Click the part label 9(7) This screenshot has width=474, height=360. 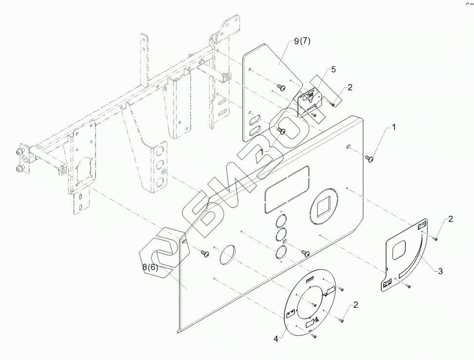coord(302,41)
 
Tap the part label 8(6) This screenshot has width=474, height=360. coord(150,267)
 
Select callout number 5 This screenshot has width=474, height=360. coord(334,70)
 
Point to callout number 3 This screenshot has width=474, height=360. coord(440,271)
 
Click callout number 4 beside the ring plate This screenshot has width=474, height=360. coord(276,339)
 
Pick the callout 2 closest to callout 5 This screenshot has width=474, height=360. coord(350,87)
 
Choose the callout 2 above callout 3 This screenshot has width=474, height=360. coord(451,219)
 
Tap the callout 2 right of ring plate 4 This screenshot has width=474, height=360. coord(355,305)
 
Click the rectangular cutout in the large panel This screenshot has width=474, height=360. coord(287,189)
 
